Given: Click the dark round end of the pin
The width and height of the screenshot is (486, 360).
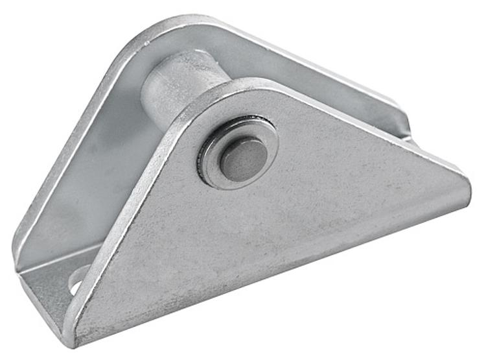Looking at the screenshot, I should [242, 158].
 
